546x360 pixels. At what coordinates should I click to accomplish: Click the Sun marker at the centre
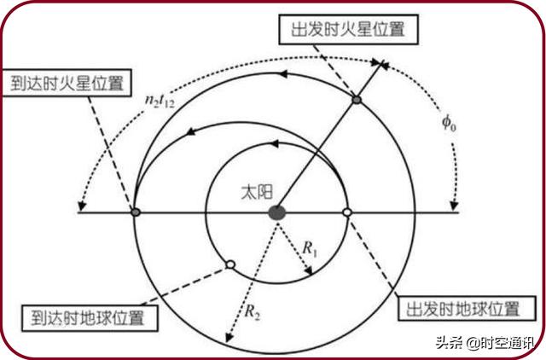point(277,212)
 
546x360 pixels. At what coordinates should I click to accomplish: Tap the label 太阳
point(257,192)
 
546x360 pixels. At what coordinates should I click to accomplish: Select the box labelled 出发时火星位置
point(349,29)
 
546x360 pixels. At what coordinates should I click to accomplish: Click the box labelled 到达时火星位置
point(67,83)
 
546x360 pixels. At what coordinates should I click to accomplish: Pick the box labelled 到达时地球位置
point(90,318)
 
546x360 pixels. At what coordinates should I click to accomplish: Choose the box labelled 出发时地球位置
point(467,309)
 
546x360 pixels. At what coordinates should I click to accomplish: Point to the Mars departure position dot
point(357,100)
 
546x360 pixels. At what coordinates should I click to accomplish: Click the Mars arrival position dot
point(136,212)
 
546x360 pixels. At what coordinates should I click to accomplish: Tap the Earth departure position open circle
point(347,212)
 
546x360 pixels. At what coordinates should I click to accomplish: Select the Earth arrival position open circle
point(230,265)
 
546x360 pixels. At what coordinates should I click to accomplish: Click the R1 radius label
point(310,249)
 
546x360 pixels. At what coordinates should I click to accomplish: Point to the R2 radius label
point(253,311)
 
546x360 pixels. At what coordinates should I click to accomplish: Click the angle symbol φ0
point(449,123)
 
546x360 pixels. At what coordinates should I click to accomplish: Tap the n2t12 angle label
point(160,101)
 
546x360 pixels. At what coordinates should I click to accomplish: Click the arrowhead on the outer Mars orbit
point(283,74)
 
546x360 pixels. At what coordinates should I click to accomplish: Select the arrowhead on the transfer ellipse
point(190,131)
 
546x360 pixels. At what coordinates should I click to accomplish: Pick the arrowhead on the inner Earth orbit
point(274,143)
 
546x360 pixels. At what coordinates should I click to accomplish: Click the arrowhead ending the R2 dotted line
point(229,337)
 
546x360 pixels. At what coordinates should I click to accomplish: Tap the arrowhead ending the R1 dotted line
point(309,270)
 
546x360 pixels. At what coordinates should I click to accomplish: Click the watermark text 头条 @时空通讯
point(485,343)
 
